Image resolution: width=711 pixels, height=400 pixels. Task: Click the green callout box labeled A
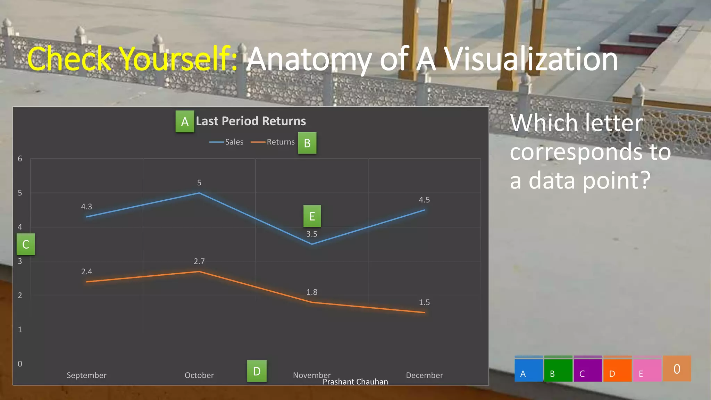[185, 122]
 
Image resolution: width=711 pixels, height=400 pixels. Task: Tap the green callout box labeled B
[307, 143]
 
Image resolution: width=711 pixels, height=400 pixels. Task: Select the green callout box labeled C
[26, 244]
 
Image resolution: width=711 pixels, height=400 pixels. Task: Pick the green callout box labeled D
[257, 371]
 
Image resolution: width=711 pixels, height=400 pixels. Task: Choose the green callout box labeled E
[312, 216]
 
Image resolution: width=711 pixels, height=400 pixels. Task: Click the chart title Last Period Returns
[251, 121]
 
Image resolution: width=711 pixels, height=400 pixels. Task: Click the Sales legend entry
[227, 142]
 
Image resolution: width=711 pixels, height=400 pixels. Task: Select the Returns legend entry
[273, 142]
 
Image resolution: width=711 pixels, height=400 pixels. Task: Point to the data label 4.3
[86, 207]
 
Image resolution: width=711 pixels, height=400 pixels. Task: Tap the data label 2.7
[199, 261]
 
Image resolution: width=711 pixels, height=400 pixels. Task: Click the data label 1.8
[312, 292]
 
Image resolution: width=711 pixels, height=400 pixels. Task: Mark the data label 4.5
[424, 200]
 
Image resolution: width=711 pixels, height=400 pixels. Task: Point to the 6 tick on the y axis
[20, 159]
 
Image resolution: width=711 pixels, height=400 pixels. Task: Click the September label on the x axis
[86, 375]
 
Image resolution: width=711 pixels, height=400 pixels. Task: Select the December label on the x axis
[424, 375]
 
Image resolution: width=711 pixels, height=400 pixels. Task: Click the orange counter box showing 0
[677, 369]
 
